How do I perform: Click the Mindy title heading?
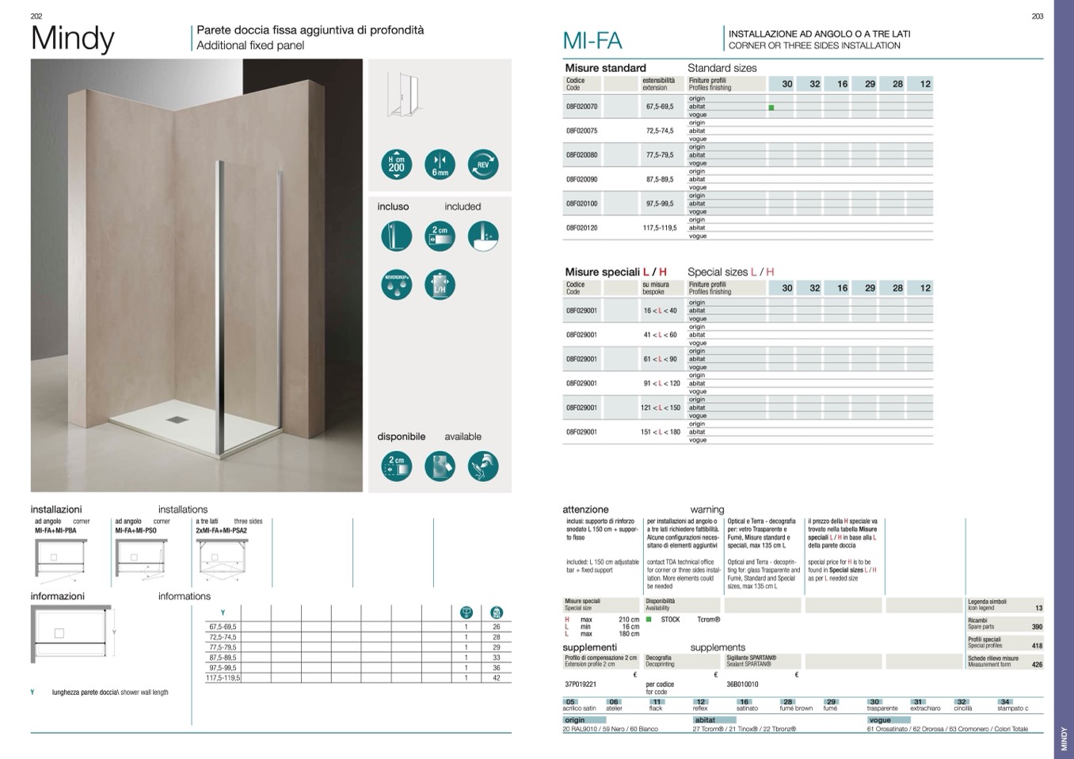(x=72, y=38)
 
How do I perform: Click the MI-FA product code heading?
(x=592, y=41)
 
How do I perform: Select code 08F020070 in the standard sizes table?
(x=581, y=106)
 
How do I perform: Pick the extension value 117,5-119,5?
(x=660, y=228)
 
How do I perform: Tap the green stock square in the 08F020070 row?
(x=771, y=107)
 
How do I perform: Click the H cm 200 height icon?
(x=396, y=164)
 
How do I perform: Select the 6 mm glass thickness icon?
(x=440, y=164)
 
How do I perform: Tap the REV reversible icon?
(x=483, y=164)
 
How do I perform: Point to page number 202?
(x=36, y=16)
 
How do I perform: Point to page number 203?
(x=1038, y=16)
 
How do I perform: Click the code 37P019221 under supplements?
(x=581, y=685)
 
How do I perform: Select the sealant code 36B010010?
(x=742, y=685)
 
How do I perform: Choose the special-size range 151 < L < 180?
(x=661, y=432)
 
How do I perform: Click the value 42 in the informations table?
(x=497, y=678)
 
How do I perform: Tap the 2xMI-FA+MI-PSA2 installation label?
(x=221, y=531)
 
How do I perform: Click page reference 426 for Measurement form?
(x=1037, y=665)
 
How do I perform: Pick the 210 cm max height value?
(x=629, y=620)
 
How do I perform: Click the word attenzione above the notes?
(x=585, y=510)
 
